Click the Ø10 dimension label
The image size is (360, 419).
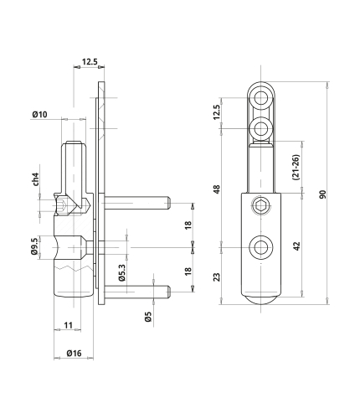pyautogui.click(x=39, y=115)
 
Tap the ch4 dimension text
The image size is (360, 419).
pyautogui.click(x=35, y=179)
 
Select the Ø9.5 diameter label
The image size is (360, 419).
pyautogui.click(x=34, y=246)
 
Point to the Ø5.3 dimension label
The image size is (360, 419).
pyautogui.click(x=122, y=273)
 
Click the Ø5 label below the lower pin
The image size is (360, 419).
pyautogui.click(x=148, y=317)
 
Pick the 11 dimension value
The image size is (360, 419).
pyautogui.click(x=68, y=325)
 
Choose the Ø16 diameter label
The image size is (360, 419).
pyautogui.click(x=74, y=353)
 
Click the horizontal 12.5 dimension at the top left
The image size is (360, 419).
pyautogui.click(x=90, y=62)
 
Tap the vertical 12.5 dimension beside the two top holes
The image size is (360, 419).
pyautogui.click(x=217, y=112)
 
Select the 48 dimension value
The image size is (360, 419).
pyautogui.click(x=217, y=189)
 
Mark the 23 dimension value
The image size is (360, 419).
pyautogui.click(x=217, y=277)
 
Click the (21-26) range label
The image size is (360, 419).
pyautogui.click(x=296, y=167)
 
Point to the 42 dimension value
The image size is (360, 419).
pyautogui.click(x=296, y=246)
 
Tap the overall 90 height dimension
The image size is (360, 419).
pyautogui.click(x=322, y=194)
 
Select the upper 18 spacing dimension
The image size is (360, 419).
pyautogui.click(x=188, y=225)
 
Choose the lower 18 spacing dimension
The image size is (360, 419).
pyautogui.click(x=188, y=272)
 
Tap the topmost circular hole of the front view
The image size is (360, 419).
pyautogui.click(x=261, y=98)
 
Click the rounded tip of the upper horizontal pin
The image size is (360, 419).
pyautogui.click(x=168, y=203)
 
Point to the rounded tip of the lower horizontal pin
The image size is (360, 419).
pyautogui.click(x=168, y=292)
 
